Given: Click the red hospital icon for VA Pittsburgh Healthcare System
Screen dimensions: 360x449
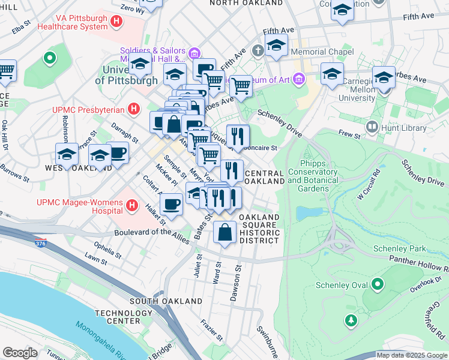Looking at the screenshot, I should coord(116,22).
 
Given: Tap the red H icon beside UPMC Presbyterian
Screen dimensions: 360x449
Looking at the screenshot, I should coord(134,109).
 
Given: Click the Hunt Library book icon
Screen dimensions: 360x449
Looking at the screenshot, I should coord(373,127).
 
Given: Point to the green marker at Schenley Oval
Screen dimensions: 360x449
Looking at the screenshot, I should coord(378,284).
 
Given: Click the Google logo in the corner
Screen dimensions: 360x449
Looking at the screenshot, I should coord(19,353).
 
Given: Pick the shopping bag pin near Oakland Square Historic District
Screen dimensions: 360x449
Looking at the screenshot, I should coord(224,232).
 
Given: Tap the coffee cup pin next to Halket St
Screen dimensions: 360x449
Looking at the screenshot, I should coord(172,204).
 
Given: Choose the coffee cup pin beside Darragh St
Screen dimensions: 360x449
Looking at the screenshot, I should coord(117,152).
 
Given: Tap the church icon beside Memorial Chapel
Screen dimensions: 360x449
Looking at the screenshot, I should coord(259,51).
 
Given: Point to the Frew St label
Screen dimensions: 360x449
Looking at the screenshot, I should coord(349,136).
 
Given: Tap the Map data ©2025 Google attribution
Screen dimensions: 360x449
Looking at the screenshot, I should coord(412,355).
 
